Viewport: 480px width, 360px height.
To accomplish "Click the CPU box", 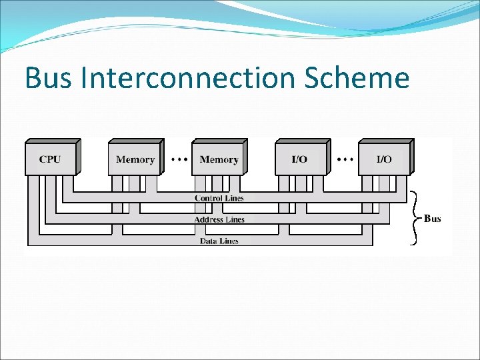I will [x=50, y=159].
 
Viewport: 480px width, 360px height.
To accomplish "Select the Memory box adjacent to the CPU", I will [x=135, y=159].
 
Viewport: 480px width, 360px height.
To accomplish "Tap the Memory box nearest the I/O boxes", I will [x=218, y=159].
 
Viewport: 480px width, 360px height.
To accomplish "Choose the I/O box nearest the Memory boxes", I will [x=300, y=159].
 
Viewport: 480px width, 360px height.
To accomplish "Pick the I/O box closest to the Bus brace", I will [x=384, y=159].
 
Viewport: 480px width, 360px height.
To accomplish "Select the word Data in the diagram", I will [x=208, y=241].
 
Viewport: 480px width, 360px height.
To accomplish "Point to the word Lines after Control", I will [x=234, y=198].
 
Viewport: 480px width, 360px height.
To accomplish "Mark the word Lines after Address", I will [x=235, y=219].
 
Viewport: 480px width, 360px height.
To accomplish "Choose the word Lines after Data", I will [x=228, y=241].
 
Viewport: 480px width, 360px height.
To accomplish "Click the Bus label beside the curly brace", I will [x=433, y=219].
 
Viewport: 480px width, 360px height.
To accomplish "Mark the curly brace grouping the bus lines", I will [x=415, y=218].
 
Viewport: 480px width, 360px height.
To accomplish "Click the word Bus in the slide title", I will [x=49, y=78].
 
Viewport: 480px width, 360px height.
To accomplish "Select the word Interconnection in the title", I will [x=189, y=78].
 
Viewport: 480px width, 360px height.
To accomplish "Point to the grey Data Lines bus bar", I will [x=300, y=241].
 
